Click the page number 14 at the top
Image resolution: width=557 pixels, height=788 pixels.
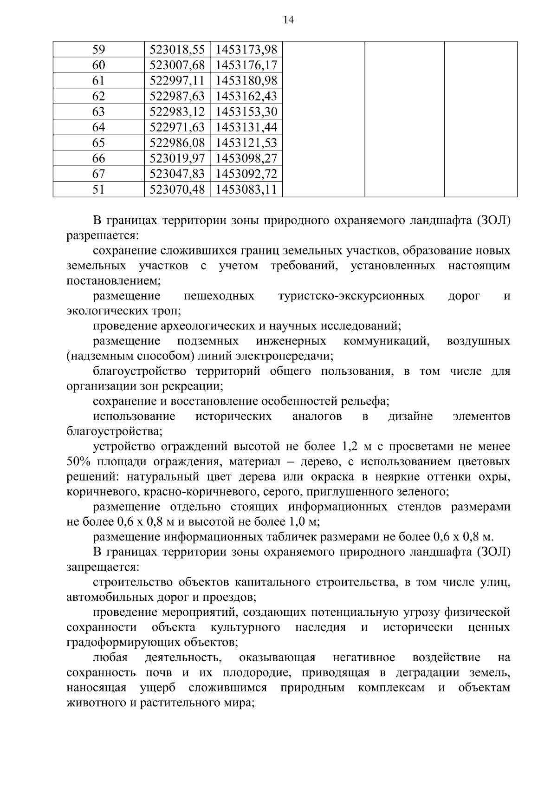[x=288, y=20]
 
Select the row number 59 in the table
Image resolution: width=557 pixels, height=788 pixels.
[x=99, y=49]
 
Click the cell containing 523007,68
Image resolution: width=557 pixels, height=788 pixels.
[x=177, y=65]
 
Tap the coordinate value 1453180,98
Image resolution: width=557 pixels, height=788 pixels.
[x=246, y=81]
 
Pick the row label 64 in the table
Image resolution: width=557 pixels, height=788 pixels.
[x=99, y=127]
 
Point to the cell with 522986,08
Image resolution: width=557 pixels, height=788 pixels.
[x=177, y=143]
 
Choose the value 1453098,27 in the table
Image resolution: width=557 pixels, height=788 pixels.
[x=246, y=158]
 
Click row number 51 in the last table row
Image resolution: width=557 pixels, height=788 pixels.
[x=99, y=189]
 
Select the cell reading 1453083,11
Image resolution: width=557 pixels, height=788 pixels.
[x=246, y=189]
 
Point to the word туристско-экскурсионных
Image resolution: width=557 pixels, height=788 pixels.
[x=351, y=296]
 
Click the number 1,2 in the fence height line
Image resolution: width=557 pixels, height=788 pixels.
[x=350, y=447]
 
